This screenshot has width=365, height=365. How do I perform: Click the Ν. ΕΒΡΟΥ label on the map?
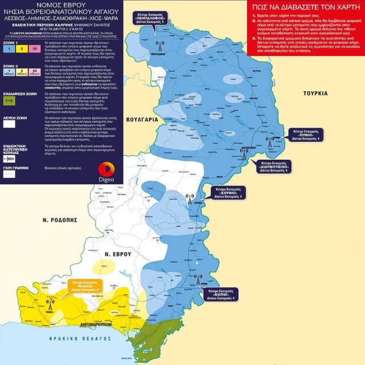[x=118, y=253]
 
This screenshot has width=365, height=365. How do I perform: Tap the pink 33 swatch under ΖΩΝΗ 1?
[x=36, y=50]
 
